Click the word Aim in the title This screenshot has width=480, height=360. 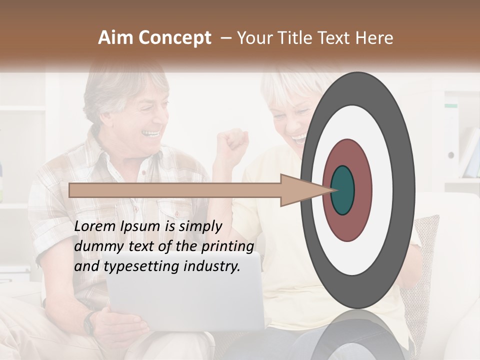[x=116, y=38]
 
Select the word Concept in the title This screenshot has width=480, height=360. [x=174, y=38]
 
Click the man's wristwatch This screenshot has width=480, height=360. [x=90, y=322]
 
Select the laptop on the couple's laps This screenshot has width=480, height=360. [x=185, y=295]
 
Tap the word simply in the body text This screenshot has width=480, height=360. [x=200, y=226]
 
